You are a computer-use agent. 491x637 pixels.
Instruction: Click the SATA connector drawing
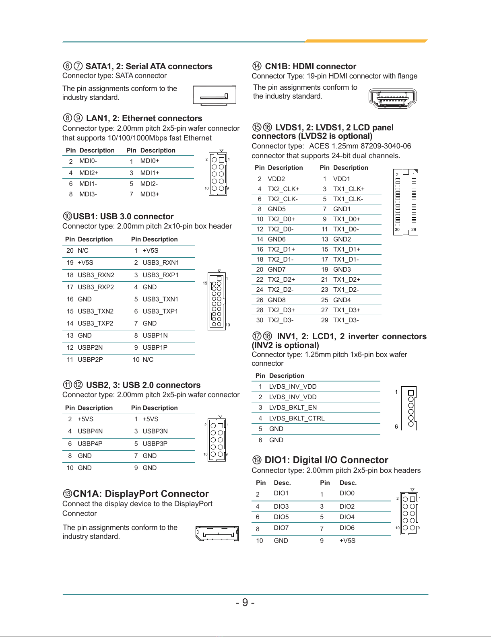(x=214, y=95)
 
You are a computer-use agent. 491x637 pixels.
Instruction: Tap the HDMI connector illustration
(x=392, y=98)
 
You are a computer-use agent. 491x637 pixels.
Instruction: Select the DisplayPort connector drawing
(x=217, y=534)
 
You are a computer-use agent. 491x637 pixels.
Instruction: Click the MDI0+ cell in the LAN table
(x=150, y=161)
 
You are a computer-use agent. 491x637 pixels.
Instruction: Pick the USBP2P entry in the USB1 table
(x=90, y=359)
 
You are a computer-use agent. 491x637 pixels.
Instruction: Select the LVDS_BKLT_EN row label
(x=293, y=407)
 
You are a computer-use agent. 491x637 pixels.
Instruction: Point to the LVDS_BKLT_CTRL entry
(x=297, y=418)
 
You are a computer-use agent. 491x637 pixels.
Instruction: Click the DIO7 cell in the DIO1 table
(x=281, y=528)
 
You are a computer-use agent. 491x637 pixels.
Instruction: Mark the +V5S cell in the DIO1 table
(x=347, y=540)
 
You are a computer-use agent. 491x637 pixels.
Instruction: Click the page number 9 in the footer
(x=245, y=602)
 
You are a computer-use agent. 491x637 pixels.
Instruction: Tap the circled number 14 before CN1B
(x=257, y=66)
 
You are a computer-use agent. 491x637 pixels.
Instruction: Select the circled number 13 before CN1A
(x=67, y=494)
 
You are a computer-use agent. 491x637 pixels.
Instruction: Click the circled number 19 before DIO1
(x=257, y=460)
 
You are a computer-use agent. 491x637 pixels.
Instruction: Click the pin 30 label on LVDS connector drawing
(x=397, y=229)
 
